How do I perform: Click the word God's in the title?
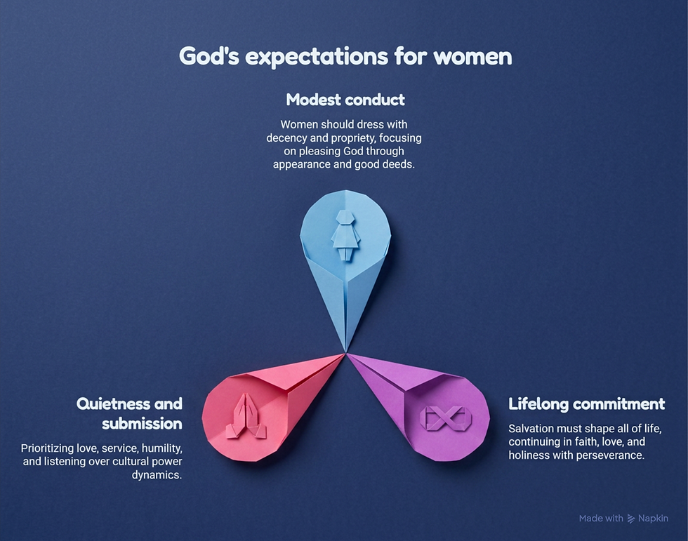click(209, 57)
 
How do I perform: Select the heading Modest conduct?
click(345, 100)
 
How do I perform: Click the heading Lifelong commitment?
click(587, 403)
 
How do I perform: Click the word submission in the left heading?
click(142, 424)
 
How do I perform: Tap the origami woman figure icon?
click(345, 235)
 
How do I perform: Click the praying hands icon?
click(246, 416)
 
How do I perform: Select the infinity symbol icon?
click(445, 418)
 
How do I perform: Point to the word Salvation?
click(529, 428)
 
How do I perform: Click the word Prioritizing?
click(48, 448)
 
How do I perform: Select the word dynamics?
click(157, 475)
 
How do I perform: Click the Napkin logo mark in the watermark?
click(631, 519)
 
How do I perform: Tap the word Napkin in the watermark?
click(654, 519)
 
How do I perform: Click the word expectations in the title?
click(317, 58)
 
